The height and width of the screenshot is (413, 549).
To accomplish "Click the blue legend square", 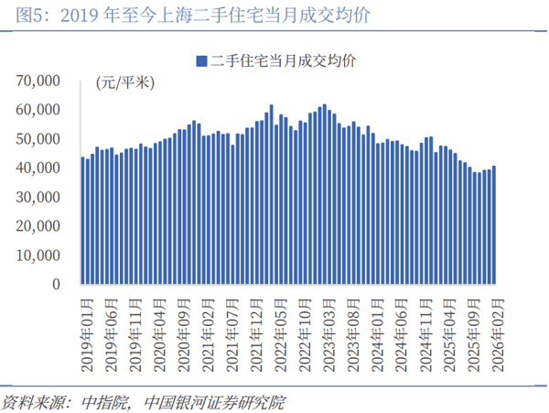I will click(x=200, y=60).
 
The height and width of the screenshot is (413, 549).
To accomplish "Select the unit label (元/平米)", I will click(x=124, y=83).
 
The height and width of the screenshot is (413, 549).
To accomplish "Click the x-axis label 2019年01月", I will click(x=85, y=331).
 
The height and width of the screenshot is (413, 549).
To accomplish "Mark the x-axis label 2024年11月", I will click(x=427, y=331).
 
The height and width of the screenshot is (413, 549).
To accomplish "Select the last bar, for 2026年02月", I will click(x=495, y=225).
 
